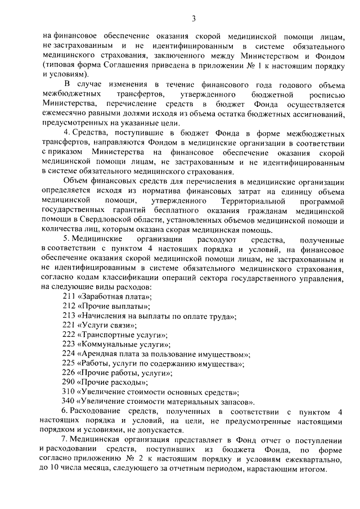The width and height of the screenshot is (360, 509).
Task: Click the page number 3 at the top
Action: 193,19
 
